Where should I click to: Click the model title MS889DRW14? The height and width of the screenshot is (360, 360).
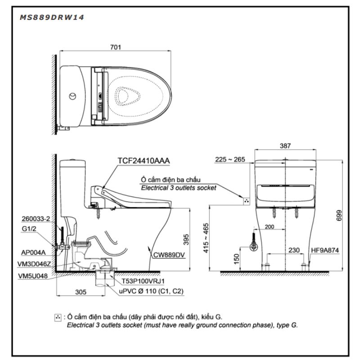click(x=52, y=18)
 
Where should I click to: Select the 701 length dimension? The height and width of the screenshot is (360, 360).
click(x=116, y=47)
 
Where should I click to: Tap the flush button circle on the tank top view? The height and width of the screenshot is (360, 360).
click(x=73, y=96)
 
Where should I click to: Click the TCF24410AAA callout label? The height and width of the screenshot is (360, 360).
click(x=144, y=161)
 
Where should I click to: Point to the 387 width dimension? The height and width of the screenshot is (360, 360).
click(x=285, y=145)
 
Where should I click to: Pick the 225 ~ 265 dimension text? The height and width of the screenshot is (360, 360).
click(x=230, y=159)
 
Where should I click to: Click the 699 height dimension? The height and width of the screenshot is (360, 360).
click(x=339, y=216)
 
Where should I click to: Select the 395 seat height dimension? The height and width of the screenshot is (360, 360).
click(x=186, y=239)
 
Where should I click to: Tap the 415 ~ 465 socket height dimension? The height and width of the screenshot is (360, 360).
click(x=206, y=238)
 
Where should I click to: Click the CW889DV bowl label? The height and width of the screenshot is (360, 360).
click(x=169, y=255)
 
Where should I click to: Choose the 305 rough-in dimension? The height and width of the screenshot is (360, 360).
click(x=81, y=292)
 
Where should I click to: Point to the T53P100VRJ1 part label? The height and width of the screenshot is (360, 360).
click(x=143, y=281)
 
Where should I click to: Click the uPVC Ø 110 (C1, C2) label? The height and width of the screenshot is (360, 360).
click(x=151, y=291)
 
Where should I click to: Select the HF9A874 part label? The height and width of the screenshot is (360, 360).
click(x=325, y=250)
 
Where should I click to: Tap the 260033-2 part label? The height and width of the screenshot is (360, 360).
click(x=36, y=219)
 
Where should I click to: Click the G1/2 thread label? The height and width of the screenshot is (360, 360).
click(x=29, y=229)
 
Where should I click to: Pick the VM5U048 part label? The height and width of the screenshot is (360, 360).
click(x=33, y=276)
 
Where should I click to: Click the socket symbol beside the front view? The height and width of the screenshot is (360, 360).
click(x=247, y=201)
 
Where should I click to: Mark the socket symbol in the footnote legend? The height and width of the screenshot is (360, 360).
click(x=58, y=318)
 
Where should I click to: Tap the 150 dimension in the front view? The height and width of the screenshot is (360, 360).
click(x=236, y=259)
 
